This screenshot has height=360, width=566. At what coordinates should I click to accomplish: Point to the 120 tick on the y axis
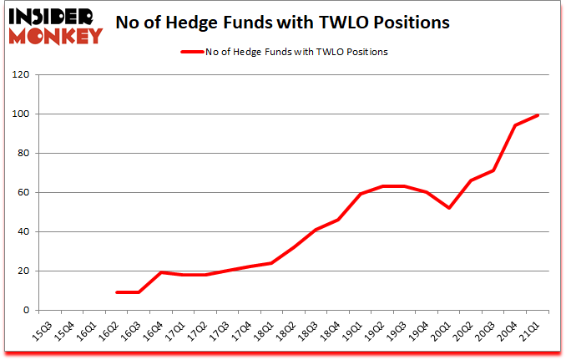point(22,74)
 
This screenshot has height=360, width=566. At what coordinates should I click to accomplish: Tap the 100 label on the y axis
point(22,114)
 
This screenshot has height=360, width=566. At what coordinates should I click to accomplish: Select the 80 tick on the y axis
point(24,153)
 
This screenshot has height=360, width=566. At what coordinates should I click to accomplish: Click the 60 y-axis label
point(24,192)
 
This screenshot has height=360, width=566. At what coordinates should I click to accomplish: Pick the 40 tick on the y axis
point(24,231)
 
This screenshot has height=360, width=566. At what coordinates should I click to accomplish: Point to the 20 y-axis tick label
point(24,271)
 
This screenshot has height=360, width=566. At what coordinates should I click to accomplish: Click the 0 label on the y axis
point(27,310)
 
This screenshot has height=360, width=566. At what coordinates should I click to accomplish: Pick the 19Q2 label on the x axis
point(376,332)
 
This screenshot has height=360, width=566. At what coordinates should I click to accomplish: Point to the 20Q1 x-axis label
point(442,332)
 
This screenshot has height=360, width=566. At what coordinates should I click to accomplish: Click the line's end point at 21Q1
point(538,115)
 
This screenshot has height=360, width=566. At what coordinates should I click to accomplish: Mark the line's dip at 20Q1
point(450,208)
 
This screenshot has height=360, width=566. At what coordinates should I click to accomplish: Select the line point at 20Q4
point(516,125)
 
